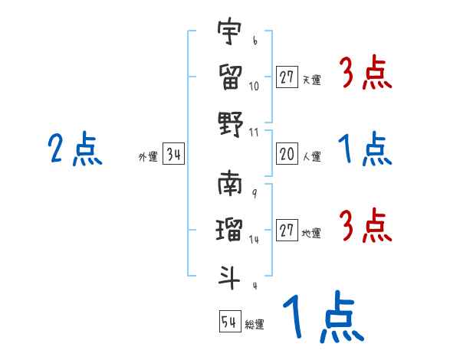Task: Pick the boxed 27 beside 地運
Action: point(287,231)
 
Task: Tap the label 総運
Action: point(255,324)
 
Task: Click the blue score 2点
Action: point(74,149)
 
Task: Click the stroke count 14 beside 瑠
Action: point(254,239)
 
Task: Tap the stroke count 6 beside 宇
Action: point(254,41)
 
